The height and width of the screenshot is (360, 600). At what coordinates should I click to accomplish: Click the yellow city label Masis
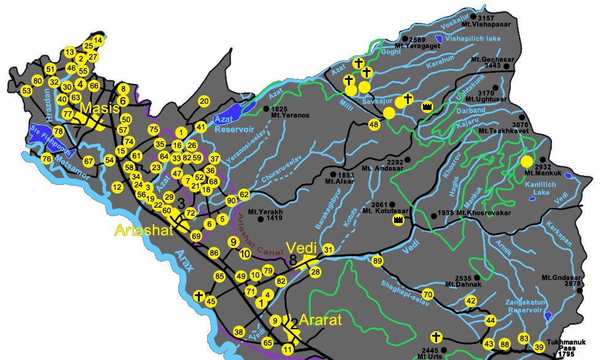(x=99, y=109)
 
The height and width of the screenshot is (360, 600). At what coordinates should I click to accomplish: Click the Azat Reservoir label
(x=233, y=125)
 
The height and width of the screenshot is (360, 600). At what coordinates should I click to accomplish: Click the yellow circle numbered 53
(x=26, y=91)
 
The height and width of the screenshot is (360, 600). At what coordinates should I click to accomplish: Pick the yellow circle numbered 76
(x=46, y=159)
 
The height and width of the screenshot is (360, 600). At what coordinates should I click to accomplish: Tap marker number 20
(x=205, y=101)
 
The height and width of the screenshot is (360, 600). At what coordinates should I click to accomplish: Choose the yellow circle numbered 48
(x=374, y=125)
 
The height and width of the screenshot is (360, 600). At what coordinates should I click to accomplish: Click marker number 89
(x=377, y=261)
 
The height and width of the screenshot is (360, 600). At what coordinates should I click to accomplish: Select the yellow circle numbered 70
(x=428, y=295)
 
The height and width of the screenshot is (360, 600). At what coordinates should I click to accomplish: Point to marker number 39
(x=539, y=347)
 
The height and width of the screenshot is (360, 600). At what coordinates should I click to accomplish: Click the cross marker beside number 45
(x=199, y=296)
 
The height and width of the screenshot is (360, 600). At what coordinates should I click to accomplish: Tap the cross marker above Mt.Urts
(x=436, y=337)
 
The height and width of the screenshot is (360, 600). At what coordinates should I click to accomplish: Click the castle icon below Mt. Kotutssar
(x=398, y=219)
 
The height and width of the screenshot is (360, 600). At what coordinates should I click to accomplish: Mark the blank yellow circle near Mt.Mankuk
(x=526, y=162)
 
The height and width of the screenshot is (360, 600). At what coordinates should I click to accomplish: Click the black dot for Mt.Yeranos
(x=266, y=109)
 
